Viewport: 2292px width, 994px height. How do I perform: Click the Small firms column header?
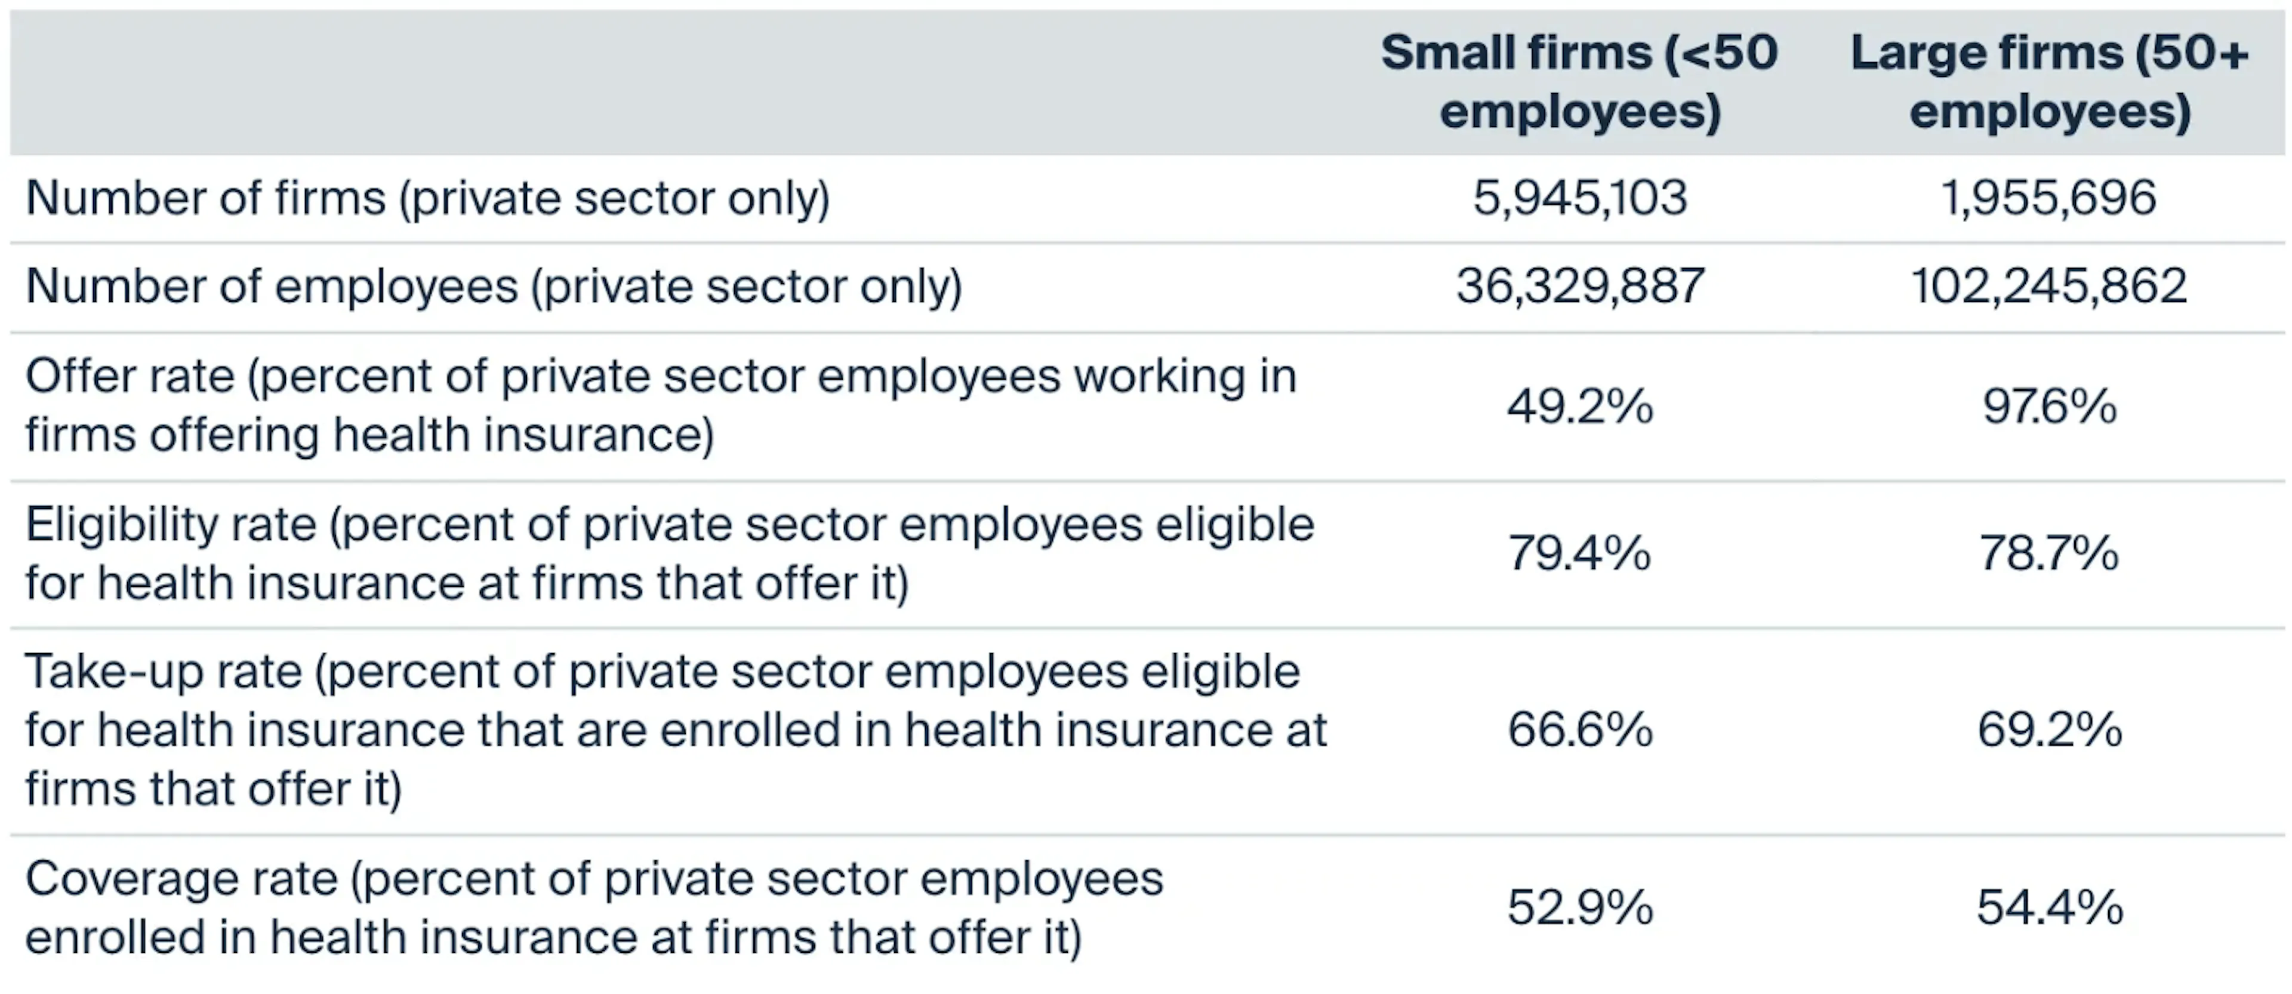(1579, 82)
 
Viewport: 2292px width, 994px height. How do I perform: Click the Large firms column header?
(2049, 82)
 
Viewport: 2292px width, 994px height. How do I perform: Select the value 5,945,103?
(1579, 198)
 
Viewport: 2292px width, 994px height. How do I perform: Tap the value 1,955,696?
(2048, 198)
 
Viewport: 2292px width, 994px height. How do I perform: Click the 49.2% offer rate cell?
(1579, 407)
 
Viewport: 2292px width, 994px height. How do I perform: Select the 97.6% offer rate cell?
(2048, 407)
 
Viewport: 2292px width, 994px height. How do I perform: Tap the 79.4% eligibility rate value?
(1579, 553)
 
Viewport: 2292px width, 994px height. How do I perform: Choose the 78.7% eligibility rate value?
(2048, 553)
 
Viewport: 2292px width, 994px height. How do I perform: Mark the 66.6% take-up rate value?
(1579, 730)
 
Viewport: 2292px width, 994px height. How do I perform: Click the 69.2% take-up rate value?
(2048, 730)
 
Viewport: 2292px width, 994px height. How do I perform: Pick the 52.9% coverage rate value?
(1579, 907)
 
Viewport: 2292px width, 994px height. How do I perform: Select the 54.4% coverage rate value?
(2048, 907)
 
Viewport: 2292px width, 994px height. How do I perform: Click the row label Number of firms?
(205, 198)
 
